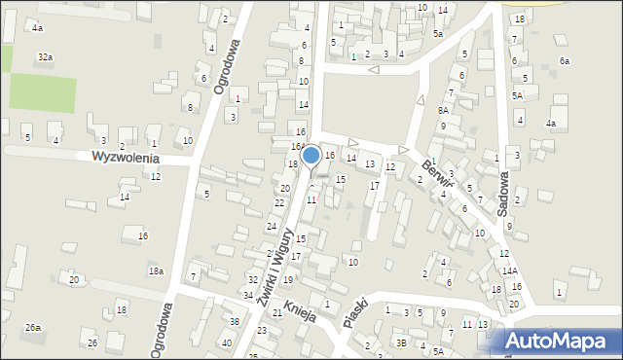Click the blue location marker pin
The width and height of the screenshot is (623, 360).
click(311, 156)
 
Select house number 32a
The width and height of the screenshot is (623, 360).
click(45, 57)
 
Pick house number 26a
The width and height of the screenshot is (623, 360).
click(33, 327)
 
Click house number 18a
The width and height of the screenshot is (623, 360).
click(156, 270)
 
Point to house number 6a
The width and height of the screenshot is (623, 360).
click(564, 61)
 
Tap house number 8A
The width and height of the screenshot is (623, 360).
click(443, 110)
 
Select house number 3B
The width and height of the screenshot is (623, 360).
click(401, 342)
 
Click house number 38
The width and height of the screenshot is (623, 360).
click(235, 321)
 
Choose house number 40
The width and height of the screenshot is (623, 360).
click(227, 342)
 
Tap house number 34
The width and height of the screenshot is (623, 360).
click(248, 295)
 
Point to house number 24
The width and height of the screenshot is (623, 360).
click(272, 226)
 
